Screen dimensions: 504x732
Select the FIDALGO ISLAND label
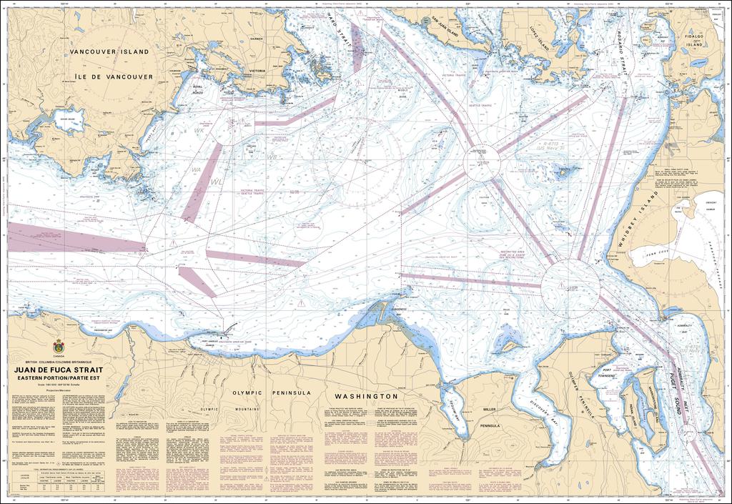tap(694, 40)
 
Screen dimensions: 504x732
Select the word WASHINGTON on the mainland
tap(367, 395)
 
